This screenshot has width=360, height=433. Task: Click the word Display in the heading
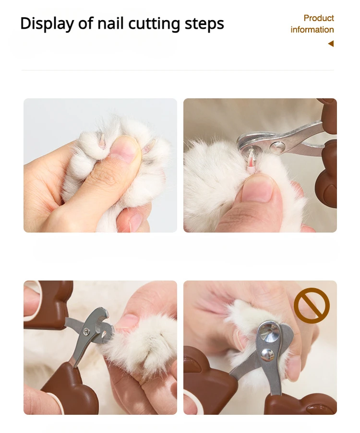pyautogui.click(x=47, y=24)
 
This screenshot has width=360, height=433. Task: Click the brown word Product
pyautogui.click(x=319, y=18)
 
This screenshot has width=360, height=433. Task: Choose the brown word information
pyautogui.click(x=312, y=30)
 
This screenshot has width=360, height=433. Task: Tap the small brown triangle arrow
pyautogui.click(x=331, y=44)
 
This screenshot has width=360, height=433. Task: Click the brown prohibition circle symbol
pyautogui.click(x=312, y=305)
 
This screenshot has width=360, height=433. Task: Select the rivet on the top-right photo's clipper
pyautogui.click(x=277, y=147)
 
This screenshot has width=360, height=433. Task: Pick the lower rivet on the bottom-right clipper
pyautogui.click(x=267, y=354)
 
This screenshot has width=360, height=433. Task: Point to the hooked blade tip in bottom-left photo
pyautogui.click(x=104, y=314)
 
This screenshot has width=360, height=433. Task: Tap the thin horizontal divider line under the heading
pyautogui.click(x=178, y=70)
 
